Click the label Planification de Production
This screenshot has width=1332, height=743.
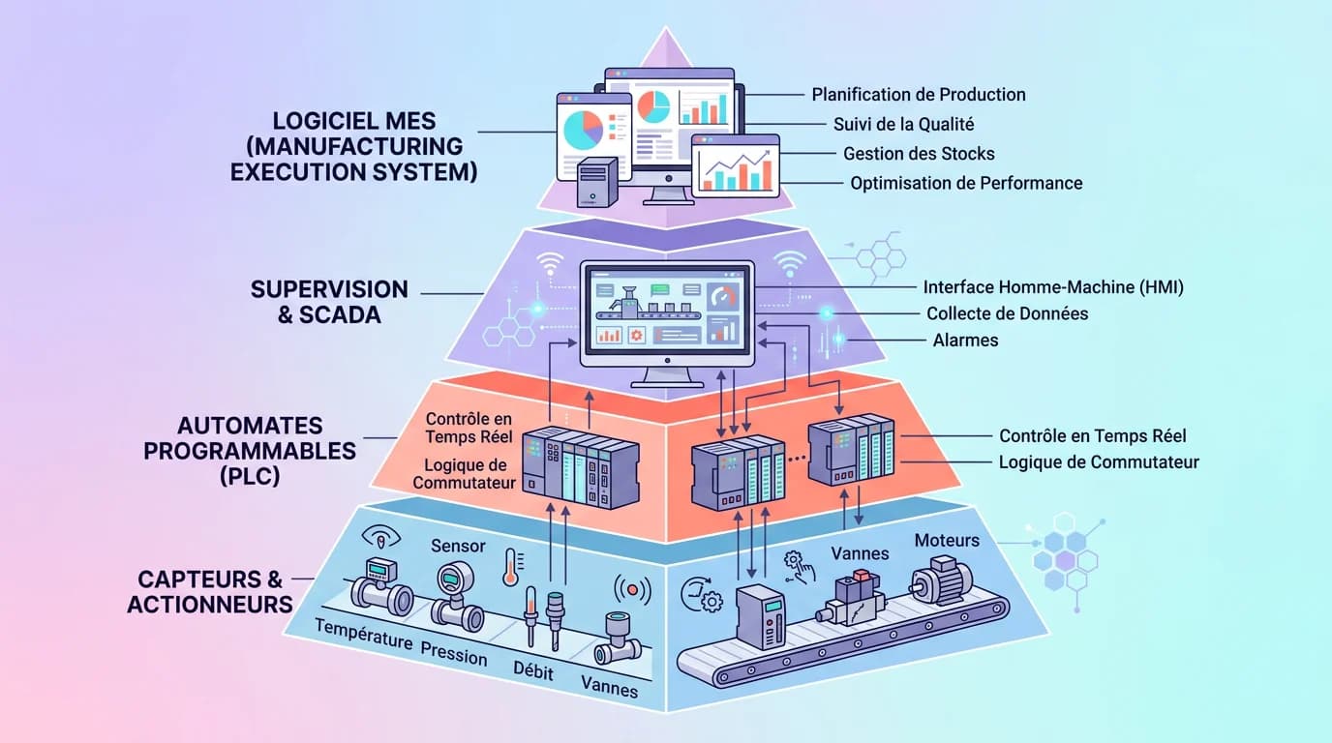(x=918, y=95)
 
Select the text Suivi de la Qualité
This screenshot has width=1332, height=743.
(x=903, y=124)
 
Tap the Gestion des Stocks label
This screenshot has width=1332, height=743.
(x=919, y=154)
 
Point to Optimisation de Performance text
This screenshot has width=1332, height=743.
(x=966, y=183)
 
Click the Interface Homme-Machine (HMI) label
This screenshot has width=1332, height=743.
(x=1053, y=287)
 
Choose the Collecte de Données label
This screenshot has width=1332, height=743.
(x=1007, y=313)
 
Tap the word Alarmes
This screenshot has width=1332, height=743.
(x=965, y=341)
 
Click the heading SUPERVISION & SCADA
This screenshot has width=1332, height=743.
(x=329, y=302)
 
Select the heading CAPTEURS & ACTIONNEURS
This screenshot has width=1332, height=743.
(x=210, y=592)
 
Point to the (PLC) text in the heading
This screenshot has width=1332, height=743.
(x=250, y=476)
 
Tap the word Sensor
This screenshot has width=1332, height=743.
(x=458, y=547)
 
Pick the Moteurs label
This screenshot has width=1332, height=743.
(x=947, y=540)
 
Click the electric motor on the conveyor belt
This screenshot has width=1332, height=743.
(x=938, y=580)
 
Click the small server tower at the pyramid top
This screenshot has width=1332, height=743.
(x=595, y=182)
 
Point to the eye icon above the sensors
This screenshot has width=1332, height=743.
(x=378, y=537)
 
